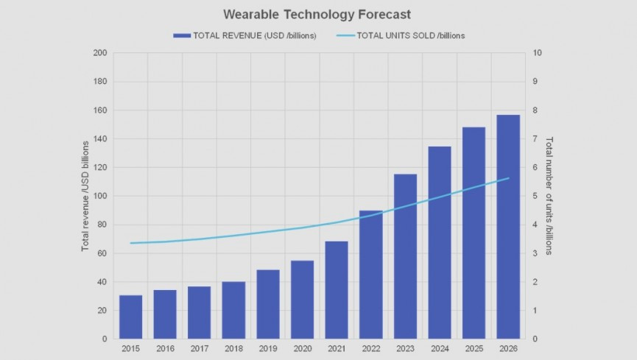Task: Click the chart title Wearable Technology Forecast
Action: point(318,14)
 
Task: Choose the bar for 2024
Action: point(440,242)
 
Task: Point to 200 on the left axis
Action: point(100,53)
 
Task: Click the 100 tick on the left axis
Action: point(100,196)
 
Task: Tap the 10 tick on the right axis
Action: point(538,53)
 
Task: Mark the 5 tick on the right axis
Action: point(535,196)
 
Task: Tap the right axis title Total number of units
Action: point(549,196)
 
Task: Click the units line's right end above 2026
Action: point(508,178)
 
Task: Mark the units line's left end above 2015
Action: point(130,243)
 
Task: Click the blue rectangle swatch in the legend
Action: point(181,35)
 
